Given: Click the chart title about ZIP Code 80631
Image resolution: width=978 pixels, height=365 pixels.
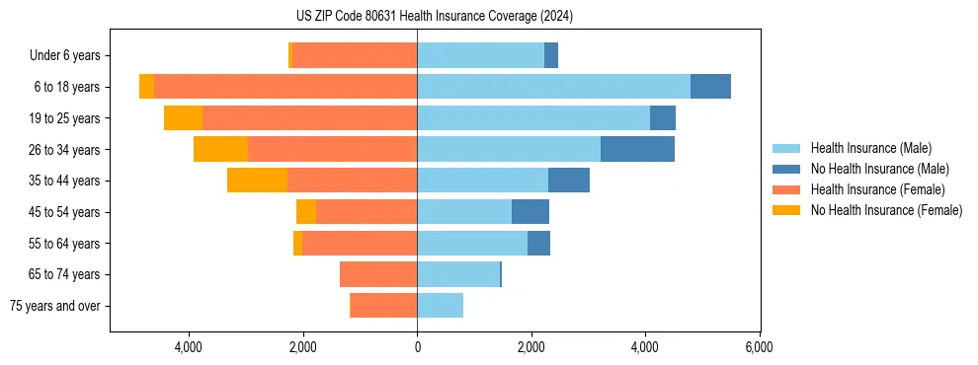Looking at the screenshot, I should pyautogui.click(x=434, y=17).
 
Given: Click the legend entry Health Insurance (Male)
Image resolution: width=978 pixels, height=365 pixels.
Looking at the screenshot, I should pyautogui.click(x=870, y=148).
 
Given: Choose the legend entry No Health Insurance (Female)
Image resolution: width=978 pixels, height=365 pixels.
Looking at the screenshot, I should pyautogui.click(x=886, y=210).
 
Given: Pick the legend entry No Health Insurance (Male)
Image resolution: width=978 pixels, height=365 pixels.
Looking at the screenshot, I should pyautogui.click(x=879, y=169).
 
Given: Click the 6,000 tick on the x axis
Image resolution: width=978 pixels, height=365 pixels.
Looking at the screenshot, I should pyautogui.click(x=759, y=347).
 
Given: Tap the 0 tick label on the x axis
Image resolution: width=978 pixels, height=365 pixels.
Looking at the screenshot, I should pyautogui.click(x=417, y=347).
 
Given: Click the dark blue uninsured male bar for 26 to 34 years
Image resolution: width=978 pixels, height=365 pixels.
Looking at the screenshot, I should pyautogui.click(x=637, y=149).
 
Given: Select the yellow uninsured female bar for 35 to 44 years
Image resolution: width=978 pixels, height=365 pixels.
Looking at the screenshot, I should pyautogui.click(x=257, y=181).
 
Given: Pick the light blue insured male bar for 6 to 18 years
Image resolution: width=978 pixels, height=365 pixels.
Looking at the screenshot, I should pyautogui.click(x=553, y=87).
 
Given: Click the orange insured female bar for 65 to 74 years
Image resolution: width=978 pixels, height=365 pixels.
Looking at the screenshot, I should pyautogui.click(x=378, y=274).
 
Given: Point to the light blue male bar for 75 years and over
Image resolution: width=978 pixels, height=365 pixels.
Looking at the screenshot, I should pyautogui.click(x=440, y=306).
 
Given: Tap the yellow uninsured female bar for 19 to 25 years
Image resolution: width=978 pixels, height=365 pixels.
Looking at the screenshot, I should pyautogui.click(x=183, y=118).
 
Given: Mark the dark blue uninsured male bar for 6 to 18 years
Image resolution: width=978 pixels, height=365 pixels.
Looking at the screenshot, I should pyautogui.click(x=710, y=87).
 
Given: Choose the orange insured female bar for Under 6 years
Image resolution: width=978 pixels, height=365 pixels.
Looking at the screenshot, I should pyautogui.click(x=355, y=55).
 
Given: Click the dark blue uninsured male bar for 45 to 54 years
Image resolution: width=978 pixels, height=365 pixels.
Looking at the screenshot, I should pyautogui.click(x=530, y=212).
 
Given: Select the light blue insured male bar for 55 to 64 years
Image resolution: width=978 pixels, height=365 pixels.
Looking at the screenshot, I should pyautogui.click(x=472, y=243).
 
